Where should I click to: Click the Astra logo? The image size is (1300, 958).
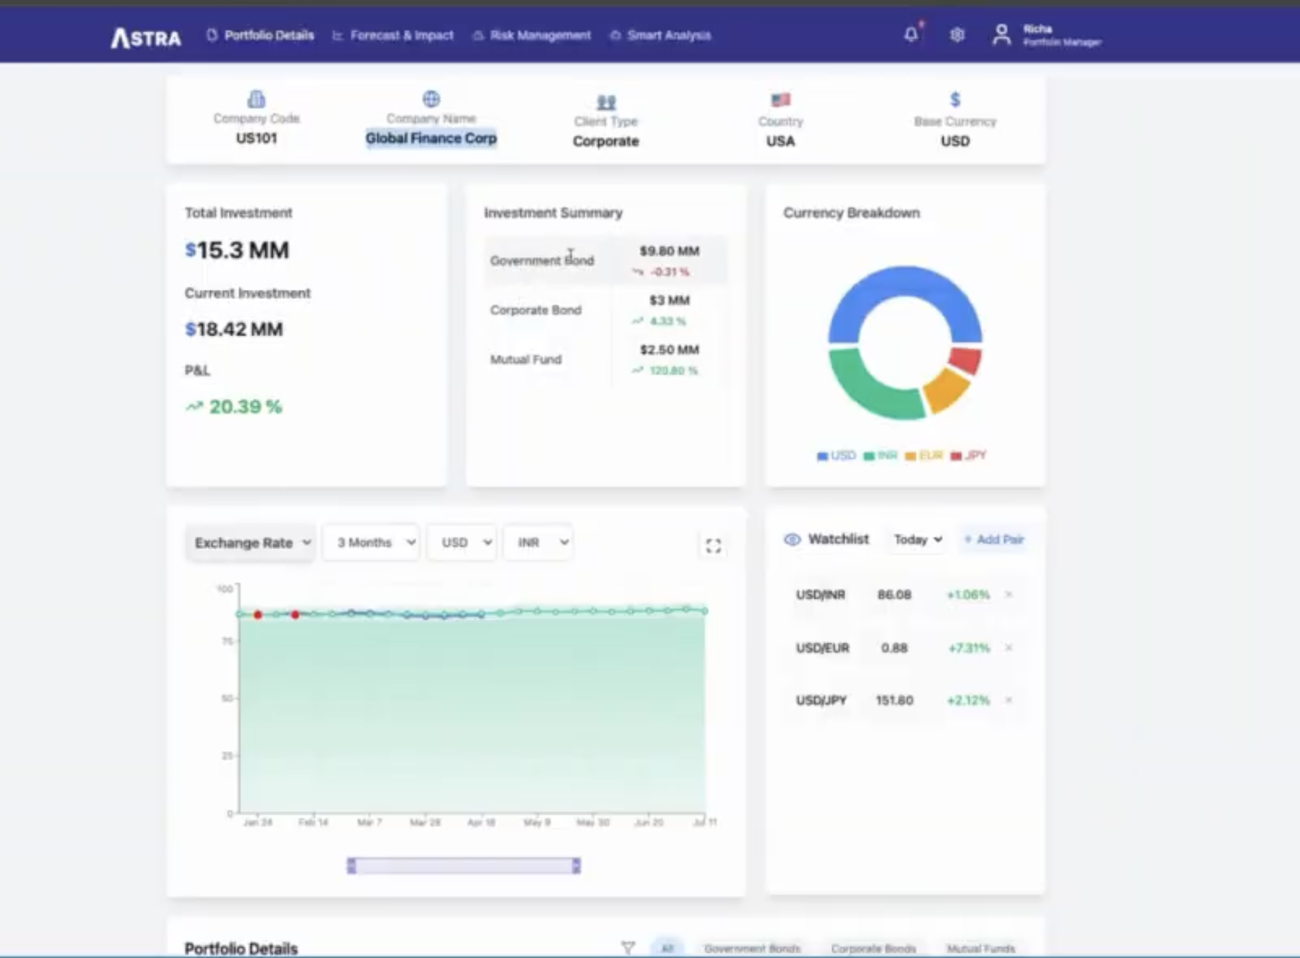pyautogui.click(x=146, y=37)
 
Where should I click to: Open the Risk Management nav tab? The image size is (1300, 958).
pyautogui.click(x=539, y=35)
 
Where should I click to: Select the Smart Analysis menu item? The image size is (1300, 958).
pyautogui.click(x=668, y=35)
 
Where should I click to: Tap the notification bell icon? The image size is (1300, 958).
pyautogui.click(x=910, y=34)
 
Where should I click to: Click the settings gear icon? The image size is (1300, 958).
pyautogui.click(x=956, y=34)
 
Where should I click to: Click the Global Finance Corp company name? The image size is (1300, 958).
pyautogui.click(x=431, y=138)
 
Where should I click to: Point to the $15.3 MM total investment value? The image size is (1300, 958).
pyautogui.click(x=237, y=250)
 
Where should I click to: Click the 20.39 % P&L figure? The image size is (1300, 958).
pyautogui.click(x=245, y=407)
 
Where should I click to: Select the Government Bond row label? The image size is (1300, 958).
pyautogui.click(x=541, y=260)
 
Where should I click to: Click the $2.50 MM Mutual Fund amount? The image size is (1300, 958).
pyautogui.click(x=669, y=350)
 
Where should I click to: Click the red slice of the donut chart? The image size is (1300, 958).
pyautogui.click(x=967, y=359)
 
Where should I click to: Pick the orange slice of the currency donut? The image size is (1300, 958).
pyautogui.click(x=945, y=390)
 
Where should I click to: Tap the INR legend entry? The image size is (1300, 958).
pyautogui.click(x=882, y=456)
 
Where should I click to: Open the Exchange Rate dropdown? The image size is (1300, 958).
pyautogui.click(x=251, y=543)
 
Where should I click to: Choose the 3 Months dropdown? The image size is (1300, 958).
pyautogui.click(x=372, y=543)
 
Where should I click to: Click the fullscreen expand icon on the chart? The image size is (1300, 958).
pyautogui.click(x=713, y=546)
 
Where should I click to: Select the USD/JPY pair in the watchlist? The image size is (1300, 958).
pyautogui.click(x=821, y=700)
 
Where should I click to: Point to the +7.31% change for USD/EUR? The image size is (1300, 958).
pyautogui.click(x=968, y=648)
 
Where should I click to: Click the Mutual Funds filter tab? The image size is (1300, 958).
pyautogui.click(x=980, y=948)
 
